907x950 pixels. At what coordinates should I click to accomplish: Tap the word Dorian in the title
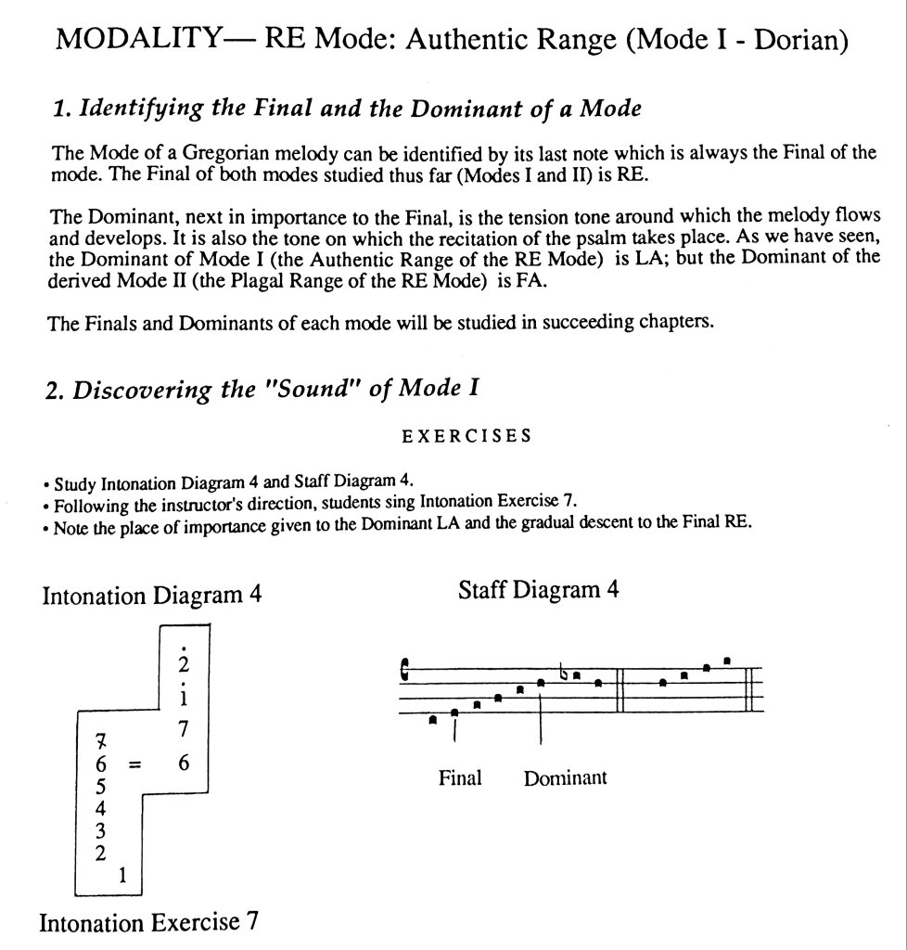click(x=799, y=41)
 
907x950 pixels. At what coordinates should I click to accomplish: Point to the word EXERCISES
click(x=466, y=437)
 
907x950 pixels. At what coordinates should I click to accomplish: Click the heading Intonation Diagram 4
click(x=151, y=595)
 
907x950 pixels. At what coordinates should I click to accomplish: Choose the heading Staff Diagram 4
click(x=538, y=590)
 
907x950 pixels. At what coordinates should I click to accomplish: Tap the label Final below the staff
click(x=460, y=777)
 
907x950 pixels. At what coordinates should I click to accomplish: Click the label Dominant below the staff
click(x=565, y=778)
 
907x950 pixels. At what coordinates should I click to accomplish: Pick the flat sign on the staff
click(x=564, y=672)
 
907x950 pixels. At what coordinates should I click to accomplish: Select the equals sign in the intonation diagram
click(x=134, y=765)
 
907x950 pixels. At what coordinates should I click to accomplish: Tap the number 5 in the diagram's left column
click(x=99, y=786)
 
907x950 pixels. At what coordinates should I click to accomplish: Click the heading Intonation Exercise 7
click(x=148, y=923)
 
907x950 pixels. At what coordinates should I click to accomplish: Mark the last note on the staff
click(x=728, y=661)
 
